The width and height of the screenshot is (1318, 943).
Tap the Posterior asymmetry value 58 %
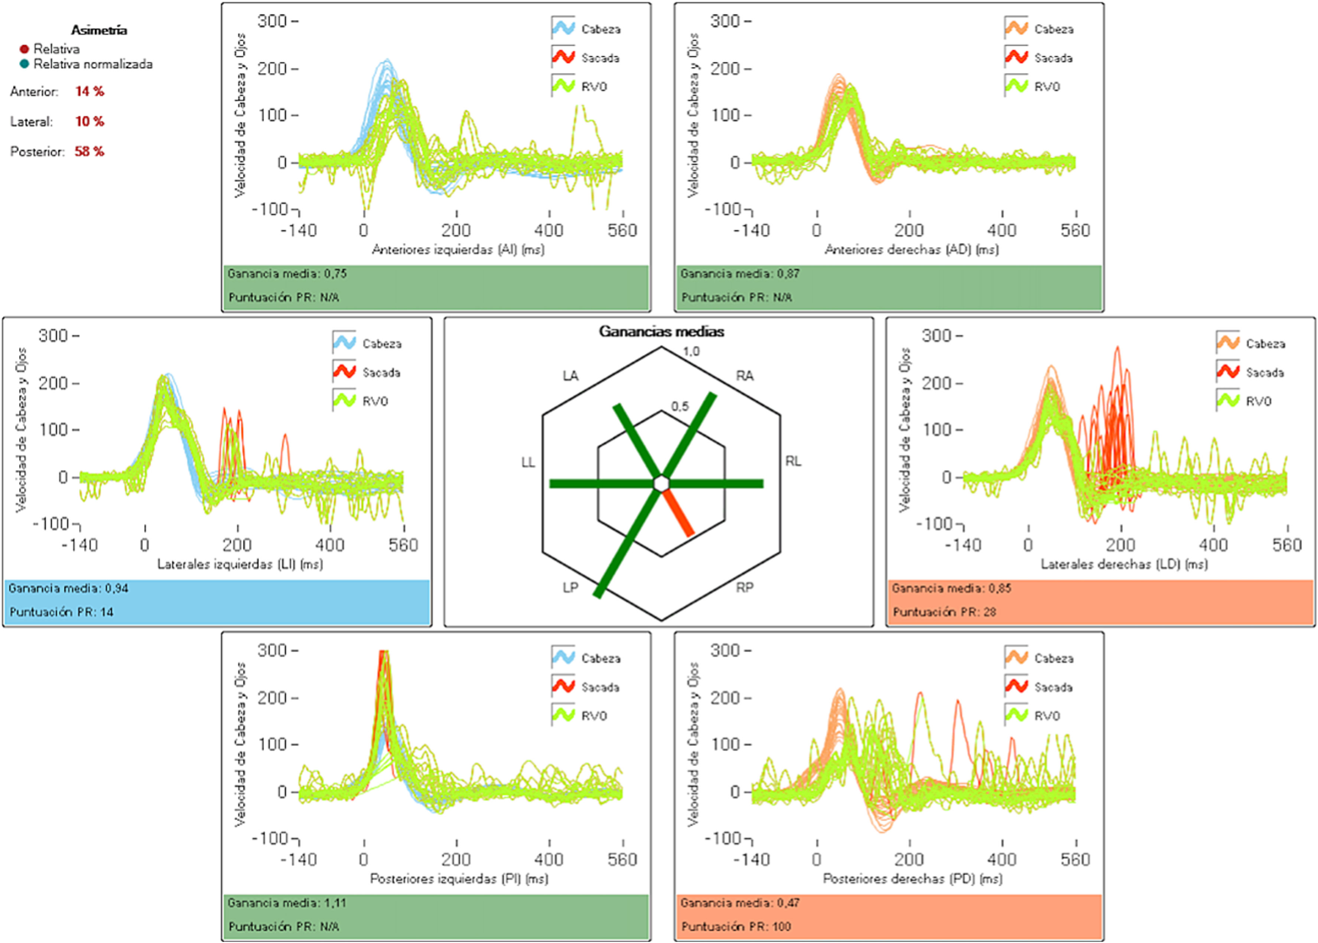(90, 152)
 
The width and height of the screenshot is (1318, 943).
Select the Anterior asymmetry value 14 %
(90, 91)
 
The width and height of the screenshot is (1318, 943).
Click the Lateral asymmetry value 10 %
(90, 121)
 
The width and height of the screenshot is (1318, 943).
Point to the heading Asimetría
(99, 30)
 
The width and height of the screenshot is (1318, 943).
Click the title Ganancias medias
(662, 331)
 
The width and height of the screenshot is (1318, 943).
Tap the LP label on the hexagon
(570, 588)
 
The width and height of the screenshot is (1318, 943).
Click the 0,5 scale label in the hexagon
(680, 406)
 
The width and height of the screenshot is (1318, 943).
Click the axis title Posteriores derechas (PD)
(912, 879)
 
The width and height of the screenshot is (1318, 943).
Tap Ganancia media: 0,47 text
(740, 903)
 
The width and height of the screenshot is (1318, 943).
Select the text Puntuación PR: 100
(736, 926)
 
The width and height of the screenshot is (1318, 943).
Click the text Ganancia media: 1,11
(287, 903)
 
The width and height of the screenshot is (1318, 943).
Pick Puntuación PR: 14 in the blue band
(62, 612)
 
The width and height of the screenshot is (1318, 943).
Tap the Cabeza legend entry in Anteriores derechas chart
(1039, 29)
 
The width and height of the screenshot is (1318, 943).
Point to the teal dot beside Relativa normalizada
(25, 64)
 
